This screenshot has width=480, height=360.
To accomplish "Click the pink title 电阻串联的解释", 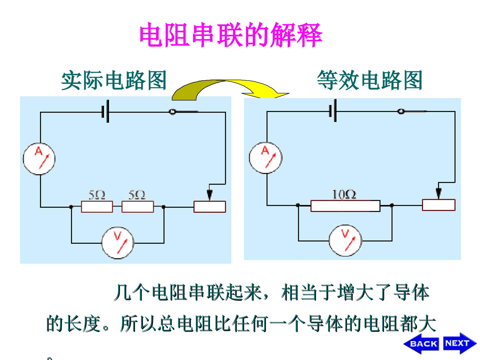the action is point(231,35).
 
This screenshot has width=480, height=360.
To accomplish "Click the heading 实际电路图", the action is point(114,80).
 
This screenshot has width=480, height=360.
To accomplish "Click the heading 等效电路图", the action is point(370,80).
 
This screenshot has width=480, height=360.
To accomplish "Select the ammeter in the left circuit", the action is point(39,159).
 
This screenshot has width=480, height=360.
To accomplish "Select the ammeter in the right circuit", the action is point(265,158).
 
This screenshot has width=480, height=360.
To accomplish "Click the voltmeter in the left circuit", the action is point(118,243).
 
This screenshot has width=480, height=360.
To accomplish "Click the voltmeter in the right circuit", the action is point(345,240).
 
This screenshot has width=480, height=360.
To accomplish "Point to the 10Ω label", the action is point(344,194).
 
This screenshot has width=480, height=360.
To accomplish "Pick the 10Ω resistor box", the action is point(345,206).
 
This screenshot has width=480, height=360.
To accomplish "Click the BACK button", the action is point(421,344).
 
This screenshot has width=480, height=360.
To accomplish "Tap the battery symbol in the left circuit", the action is point(105,111).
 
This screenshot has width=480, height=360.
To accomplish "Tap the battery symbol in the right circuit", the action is point(333,111).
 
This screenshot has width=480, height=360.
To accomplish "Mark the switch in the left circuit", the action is point(184,112).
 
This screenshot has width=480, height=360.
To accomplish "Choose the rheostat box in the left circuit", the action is point(209,207).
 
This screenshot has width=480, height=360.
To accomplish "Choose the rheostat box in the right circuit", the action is point(439,205).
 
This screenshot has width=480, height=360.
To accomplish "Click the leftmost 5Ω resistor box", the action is point(97,207).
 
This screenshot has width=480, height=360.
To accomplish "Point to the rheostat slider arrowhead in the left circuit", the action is point(209,195).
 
